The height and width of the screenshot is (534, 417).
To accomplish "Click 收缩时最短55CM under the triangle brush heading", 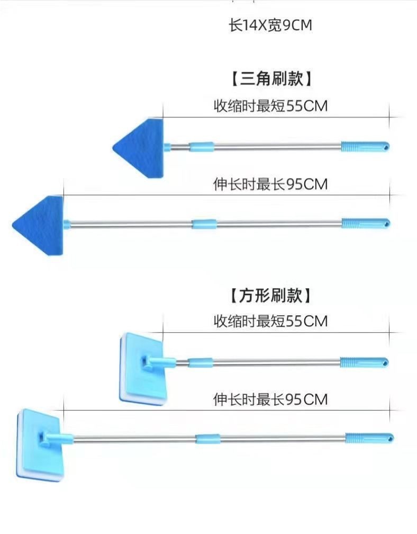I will [270, 106].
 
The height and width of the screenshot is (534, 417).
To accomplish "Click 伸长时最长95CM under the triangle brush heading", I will [270, 184].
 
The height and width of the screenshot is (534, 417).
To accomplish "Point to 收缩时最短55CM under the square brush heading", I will [270, 321].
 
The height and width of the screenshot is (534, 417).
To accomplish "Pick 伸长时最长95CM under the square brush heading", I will [270, 399].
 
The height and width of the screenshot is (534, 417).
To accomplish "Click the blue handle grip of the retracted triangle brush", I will [365, 146].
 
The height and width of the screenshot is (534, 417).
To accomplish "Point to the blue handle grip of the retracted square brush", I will [364, 363].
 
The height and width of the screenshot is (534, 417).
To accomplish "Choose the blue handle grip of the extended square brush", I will [369, 438].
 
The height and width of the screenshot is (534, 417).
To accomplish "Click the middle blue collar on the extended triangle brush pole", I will [205, 224].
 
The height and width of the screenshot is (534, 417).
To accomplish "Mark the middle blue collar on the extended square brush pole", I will [207, 439].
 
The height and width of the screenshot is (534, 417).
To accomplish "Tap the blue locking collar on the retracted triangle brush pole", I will [202, 147].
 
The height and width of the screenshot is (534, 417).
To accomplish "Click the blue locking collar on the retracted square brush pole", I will [201, 363].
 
